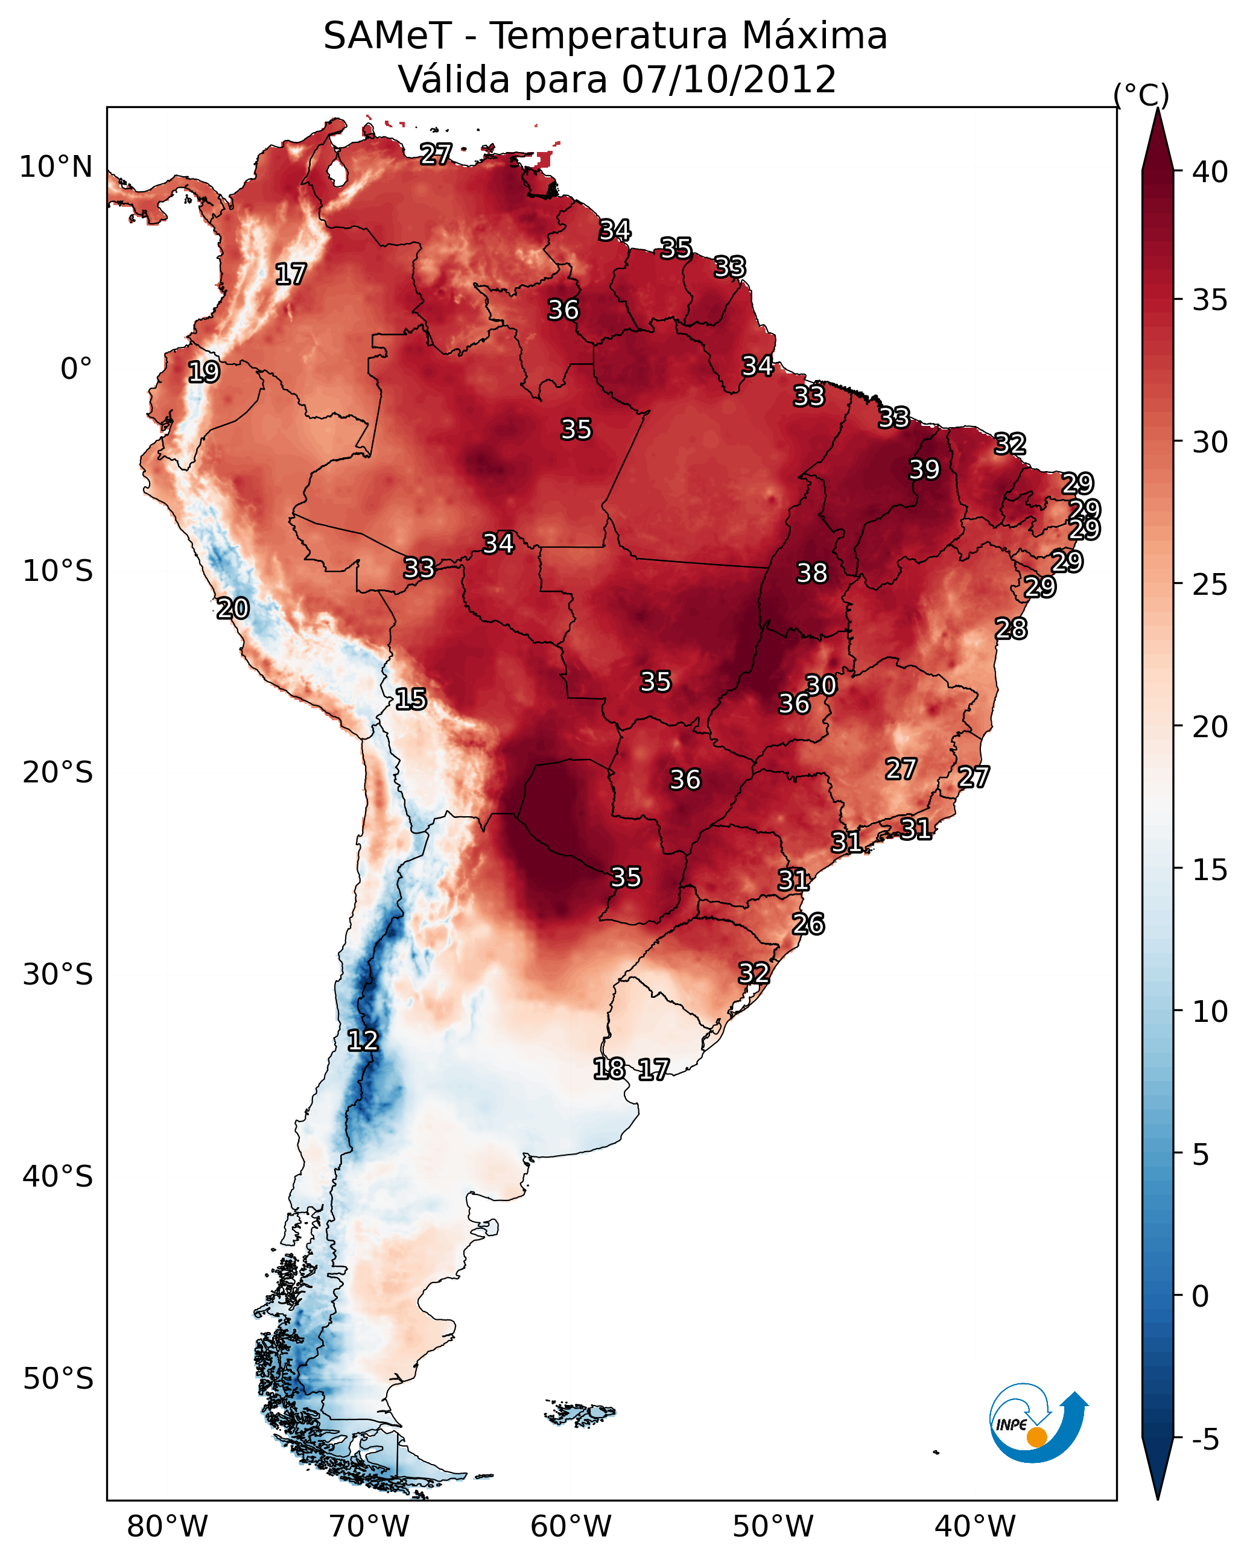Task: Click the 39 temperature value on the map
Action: pyautogui.click(x=924, y=469)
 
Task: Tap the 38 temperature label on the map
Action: pyautogui.click(x=811, y=573)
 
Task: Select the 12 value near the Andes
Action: pyautogui.click(x=363, y=1041)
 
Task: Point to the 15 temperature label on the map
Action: pyautogui.click(x=410, y=699)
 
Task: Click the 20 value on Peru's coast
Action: pyautogui.click(x=233, y=609)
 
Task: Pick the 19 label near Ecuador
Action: pyautogui.click(x=203, y=372)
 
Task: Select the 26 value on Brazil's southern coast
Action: pyautogui.click(x=808, y=924)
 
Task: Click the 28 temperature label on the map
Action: pyautogui.click(x=1011, y=629)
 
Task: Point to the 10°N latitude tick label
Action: pyautogui.click(x=56, y=167)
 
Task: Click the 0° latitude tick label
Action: pyautogui.click(x=76, y=369)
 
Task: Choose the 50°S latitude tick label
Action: pyautogui.click(x=58, y=1378)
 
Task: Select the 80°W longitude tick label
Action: pyautogui.click(x=167, y=1526)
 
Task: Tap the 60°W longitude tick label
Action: pyautogui.click(x=571, y=1526)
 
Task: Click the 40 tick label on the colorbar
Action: pyautogui.click(x=1210, y=172)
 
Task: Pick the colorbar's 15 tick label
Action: pyautogui.click(x=1210, y=870)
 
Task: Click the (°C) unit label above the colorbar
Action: pyautogui.click(x=1141, y=95)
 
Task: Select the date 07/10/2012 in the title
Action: pyautogui.click(x=728, y=80)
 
